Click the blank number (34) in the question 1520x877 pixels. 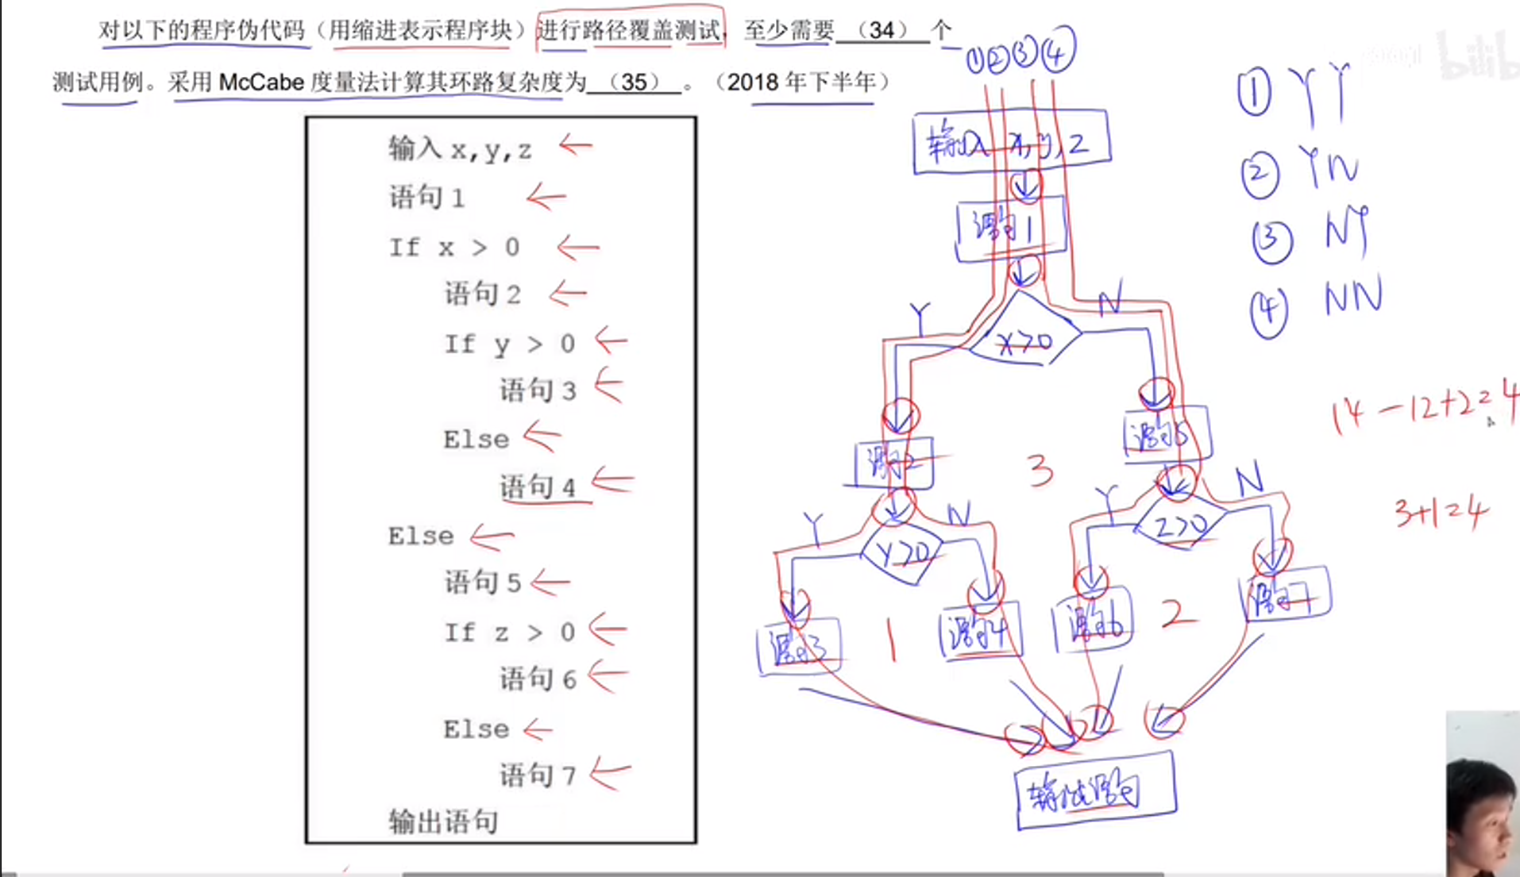882,30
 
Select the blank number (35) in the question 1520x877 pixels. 634,82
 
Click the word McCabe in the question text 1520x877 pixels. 261,82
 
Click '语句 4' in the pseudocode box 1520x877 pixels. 537,487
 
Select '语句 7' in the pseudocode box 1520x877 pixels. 537,775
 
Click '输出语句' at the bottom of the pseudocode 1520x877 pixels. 443,821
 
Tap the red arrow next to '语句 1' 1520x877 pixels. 546,197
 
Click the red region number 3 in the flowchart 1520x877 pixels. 1040,471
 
